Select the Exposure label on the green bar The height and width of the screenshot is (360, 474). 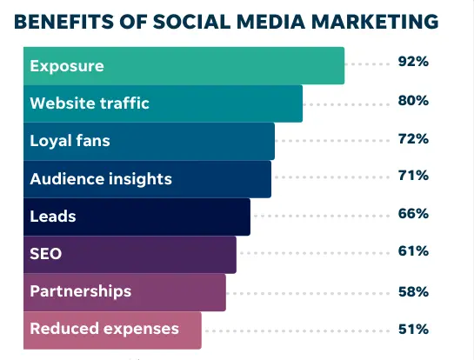point(66,65)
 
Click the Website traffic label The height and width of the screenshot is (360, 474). point(90,103)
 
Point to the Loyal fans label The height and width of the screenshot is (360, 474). point(70,141)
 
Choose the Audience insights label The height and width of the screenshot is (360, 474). point(101,179)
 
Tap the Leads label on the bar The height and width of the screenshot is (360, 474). point(52,217)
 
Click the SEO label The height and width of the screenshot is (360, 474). point(46,254)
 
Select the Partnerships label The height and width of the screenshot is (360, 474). point(80,291)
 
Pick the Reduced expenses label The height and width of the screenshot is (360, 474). point(104,329)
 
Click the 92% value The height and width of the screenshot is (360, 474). point(413,63)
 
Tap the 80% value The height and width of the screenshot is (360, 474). point(413,101)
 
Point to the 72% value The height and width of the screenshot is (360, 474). point(413,139)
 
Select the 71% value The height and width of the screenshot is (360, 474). point(413,177)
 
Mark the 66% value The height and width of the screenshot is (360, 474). point(413,214)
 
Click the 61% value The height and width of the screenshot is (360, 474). point(413,252)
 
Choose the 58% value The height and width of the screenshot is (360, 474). point(413,290)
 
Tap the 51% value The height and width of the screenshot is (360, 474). point(413,329)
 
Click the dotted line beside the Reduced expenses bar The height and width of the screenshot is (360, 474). point(296,330)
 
